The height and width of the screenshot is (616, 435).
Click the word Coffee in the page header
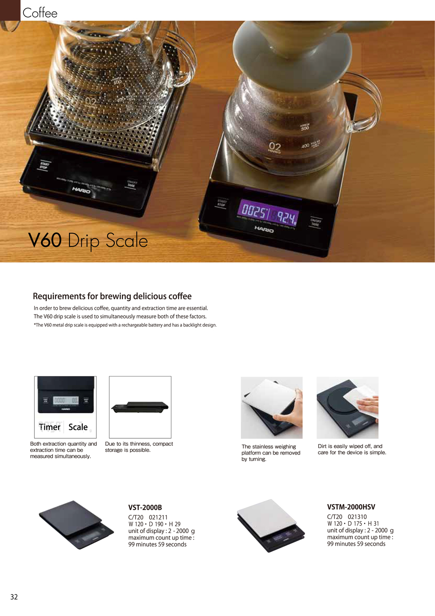40,13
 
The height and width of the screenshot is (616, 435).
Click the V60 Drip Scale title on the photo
88,241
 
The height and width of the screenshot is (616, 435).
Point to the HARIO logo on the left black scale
81,190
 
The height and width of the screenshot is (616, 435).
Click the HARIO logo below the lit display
264,229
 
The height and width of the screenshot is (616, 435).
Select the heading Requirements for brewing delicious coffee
112,296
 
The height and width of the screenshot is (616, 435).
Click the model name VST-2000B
145,507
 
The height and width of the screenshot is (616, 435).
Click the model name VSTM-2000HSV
351,507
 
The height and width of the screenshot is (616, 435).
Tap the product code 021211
158,517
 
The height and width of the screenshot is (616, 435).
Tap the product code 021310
357,517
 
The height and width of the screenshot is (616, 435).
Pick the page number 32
14,597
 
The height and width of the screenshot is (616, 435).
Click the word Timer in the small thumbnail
50,427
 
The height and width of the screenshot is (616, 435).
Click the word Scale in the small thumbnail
78,427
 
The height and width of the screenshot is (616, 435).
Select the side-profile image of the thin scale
140,407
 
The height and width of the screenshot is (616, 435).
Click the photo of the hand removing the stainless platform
272,407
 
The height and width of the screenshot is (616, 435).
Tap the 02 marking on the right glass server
275,146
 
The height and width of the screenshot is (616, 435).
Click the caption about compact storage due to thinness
139,447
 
